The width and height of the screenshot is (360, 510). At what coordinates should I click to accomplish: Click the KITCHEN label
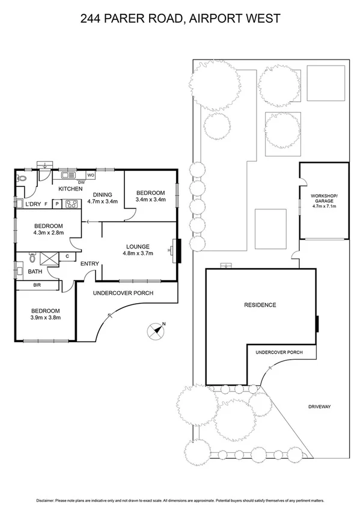pyautogui.click(x=70, y=189)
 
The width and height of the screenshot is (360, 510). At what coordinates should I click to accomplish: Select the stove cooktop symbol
pyautogui.click(x=73, y=204)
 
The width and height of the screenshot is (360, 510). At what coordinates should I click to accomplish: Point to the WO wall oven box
pyautogui.click(x=90, y=175)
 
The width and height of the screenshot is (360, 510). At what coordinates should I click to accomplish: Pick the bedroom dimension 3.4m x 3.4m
pyautogui.click(x=150, y=199)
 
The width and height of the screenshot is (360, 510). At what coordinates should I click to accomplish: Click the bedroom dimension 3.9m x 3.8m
pyautogui.click(x=46, y=318)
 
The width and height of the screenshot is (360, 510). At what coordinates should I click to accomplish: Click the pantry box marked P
pyautogui.click(x=57, y=204)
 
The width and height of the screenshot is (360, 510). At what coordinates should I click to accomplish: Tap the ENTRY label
pyautogui.click(x=90, y=264)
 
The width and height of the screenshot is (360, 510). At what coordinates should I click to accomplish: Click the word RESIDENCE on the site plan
pyautogui.click(x=260, y=305)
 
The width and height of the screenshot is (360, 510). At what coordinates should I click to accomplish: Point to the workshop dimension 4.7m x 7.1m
pyautogui.click(x=325, y=206)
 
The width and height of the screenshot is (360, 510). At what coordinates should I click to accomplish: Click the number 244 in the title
pyautogui.click(x=93, y=19)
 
